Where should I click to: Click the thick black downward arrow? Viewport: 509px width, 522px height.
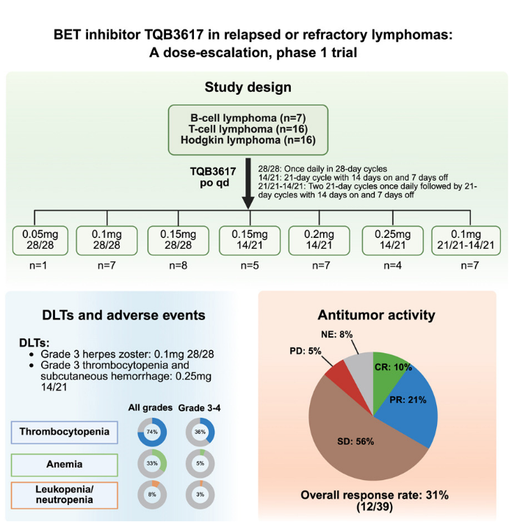249,186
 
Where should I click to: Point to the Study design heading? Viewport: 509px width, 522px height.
248,87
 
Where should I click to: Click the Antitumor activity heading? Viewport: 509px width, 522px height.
376,315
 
